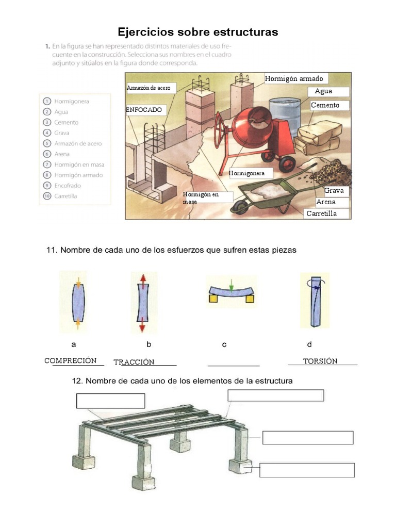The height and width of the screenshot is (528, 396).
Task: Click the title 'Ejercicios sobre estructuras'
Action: coord(198,32)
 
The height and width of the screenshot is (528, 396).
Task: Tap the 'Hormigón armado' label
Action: coord(294,78)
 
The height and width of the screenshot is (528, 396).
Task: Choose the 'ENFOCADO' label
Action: coord(144,110)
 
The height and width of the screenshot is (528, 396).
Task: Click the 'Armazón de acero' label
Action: coord(149,88)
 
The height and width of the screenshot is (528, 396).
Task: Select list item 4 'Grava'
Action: coord(61,133)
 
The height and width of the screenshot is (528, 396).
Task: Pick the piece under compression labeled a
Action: coord(77,303)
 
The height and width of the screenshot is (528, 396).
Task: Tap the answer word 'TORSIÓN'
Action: coord(320,361)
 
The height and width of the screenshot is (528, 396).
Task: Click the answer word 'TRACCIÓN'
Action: coord(134,362)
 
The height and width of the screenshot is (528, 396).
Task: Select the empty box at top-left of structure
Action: coord(110,401)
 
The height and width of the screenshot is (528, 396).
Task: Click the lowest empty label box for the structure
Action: coord(307,470)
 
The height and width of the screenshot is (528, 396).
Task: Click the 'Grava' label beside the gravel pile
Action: coord(334,191)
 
